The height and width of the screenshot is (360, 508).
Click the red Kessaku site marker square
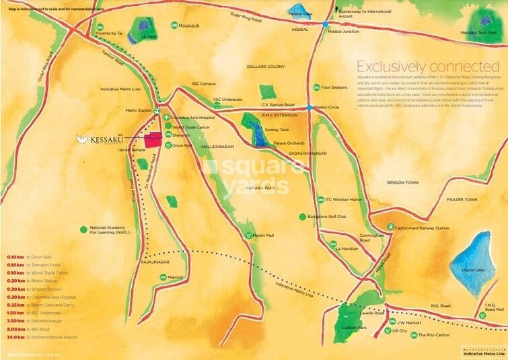(154, 139)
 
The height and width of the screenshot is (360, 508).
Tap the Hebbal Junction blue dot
(326, 24)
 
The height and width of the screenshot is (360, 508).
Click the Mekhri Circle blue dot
(309, 107)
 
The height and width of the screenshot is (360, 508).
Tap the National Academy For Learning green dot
(83, 229)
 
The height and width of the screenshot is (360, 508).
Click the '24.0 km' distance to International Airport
(15, 337)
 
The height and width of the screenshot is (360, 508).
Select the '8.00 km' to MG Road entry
(15, 329)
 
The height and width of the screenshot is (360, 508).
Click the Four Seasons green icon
(316, 87)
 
